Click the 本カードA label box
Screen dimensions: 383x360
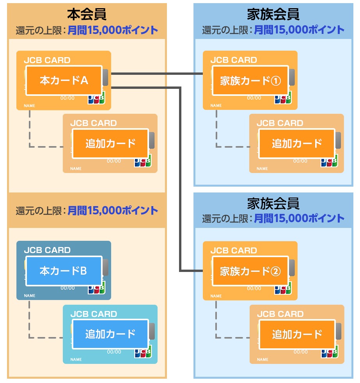[x=64, y=81]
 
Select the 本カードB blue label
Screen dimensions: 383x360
[x=64, y=271]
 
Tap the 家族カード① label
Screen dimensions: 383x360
[x=250, y=81]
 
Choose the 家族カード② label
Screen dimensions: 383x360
[x=250, y=271]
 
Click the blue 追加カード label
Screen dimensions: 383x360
[x=110, y=334]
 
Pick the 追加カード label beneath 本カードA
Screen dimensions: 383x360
[x=110, y=143]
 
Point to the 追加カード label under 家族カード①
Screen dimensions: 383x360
[x=297, y=143]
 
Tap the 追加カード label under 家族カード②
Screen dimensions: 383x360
[x=297, y=334]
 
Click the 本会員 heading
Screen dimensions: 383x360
[x=87, y=14]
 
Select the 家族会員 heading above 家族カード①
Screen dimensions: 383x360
[x=273, y=14]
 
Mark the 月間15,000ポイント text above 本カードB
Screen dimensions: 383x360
[x=113, y=211]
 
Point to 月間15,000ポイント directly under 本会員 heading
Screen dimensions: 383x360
[x=113, y=30]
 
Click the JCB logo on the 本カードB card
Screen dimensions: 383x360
[x=96, y=289]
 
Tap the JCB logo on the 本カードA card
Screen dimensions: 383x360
[x=96, y=99]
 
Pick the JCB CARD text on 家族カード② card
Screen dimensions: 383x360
[x=234, y=251]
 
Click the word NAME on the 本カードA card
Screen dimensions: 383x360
[x=29, y=106]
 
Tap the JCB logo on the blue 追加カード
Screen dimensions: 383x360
[x=142, y=353]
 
